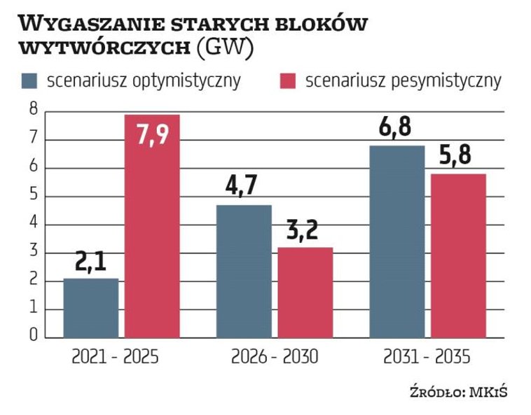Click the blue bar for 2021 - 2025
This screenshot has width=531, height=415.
point(91,308)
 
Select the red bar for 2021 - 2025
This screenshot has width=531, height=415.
point(152,226)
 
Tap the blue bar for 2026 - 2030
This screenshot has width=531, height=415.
point(243,272)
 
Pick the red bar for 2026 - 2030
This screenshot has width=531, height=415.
point(305,293)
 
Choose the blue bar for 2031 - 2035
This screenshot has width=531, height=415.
point(396,241)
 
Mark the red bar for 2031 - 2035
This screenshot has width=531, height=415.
point(458,255)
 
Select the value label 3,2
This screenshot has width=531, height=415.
point(305,232)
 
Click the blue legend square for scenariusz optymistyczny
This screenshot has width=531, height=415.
point(29,80)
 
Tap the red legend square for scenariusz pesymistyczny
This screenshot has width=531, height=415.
point(287,80)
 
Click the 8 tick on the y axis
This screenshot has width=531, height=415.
point(32,111)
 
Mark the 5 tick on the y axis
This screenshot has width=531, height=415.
point(32,196)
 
